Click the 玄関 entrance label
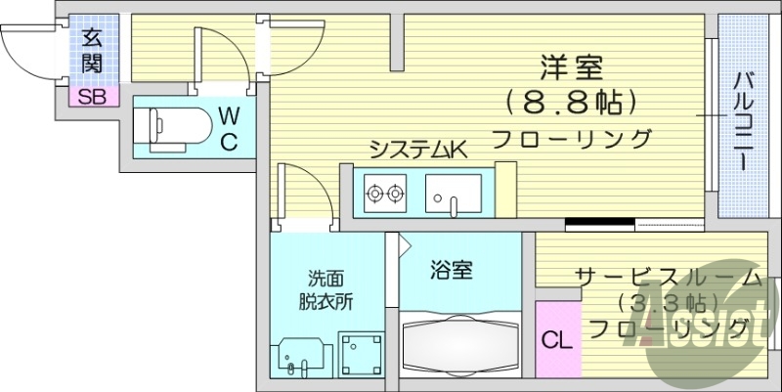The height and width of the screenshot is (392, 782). (92, 52)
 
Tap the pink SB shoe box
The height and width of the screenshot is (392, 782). (94, 96)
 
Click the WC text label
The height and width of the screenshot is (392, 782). (229, 129)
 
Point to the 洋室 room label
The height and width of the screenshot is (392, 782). (573, 67)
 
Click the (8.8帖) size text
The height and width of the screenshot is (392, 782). (572, 104)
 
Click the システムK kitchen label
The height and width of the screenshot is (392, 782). (418, 149)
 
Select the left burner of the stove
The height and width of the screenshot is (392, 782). (374, 193)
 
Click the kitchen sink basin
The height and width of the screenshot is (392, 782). (454, 194)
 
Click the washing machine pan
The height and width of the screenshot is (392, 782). (362, 355)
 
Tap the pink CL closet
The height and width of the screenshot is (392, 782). (558, 338)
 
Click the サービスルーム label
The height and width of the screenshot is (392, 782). (669, 278)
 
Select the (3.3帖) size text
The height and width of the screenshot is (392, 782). (669, 302)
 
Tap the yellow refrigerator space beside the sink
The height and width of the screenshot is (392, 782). (505, 189)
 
